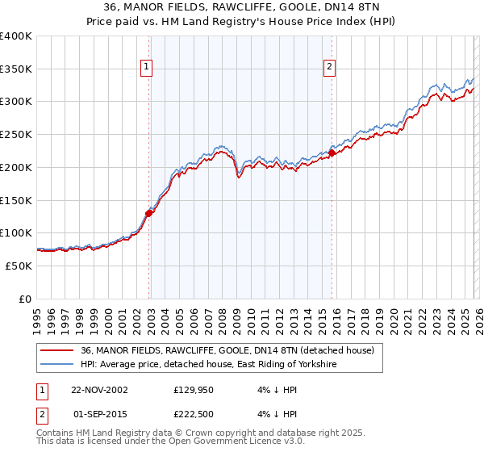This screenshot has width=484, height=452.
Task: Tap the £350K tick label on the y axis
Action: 16,69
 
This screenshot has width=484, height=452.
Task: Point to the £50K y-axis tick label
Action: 19,266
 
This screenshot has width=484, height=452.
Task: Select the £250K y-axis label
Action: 16,135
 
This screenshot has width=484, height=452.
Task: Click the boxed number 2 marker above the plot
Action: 331,68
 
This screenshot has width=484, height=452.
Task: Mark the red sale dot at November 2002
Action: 149,213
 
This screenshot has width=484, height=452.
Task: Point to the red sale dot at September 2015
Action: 332,152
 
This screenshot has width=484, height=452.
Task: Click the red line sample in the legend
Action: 58,351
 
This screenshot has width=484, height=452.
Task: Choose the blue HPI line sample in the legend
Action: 58,365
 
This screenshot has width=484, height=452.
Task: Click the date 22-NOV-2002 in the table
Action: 99,389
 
